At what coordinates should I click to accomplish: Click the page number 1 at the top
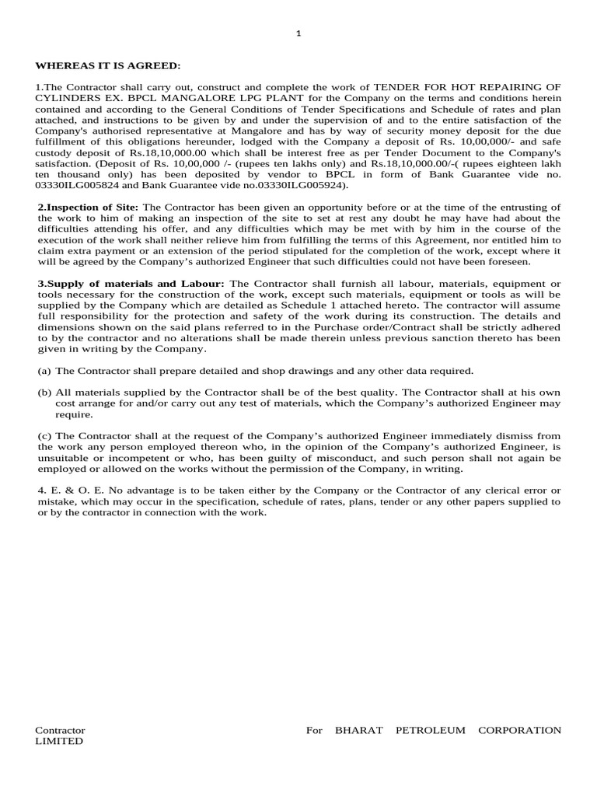click(x=298, y=33)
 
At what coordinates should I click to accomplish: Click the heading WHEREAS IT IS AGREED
click(x=107, y=66)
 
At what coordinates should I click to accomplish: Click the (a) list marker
click(x=44, y=371)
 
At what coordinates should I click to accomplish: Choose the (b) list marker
click(x=45, y=393)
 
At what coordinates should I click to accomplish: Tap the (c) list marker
click(x=44, y=436)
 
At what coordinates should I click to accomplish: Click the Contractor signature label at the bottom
click(x=60, y=730)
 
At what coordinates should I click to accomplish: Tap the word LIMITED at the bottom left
click(x=59, y=741)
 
